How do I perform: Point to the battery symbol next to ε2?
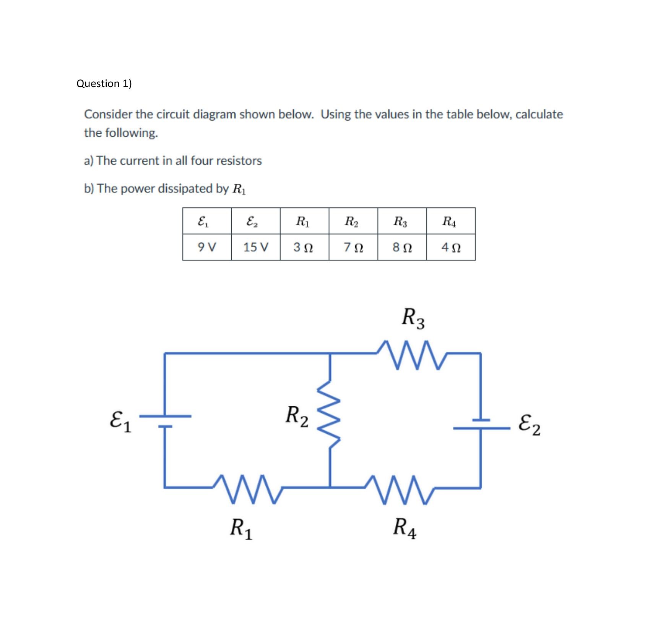point(481,424)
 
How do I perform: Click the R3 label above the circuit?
point(413,318)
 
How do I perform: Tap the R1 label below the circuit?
point(241,529)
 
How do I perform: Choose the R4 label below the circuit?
point(405,528)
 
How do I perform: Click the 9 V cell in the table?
point(207,247)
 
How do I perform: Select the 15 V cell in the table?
point(256,247)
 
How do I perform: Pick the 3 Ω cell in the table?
point(304,247)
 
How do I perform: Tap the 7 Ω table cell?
point(353,247)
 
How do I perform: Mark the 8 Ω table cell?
point(402,247)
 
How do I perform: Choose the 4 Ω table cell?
point(451,247)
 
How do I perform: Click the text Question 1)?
point(104,83)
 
